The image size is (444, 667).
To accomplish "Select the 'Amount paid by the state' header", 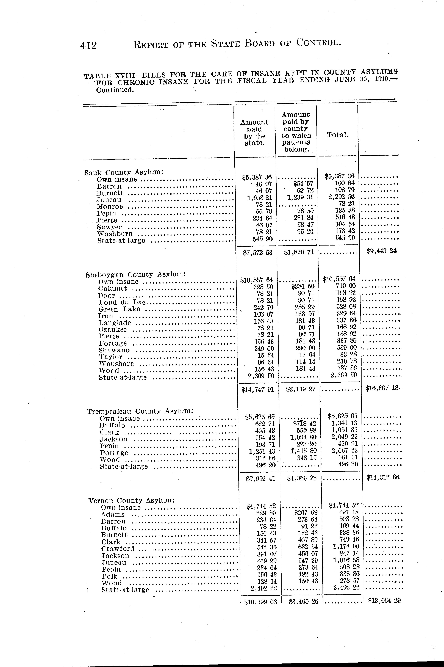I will pos(254,133).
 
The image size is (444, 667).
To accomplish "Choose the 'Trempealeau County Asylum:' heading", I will pos(140,411).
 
